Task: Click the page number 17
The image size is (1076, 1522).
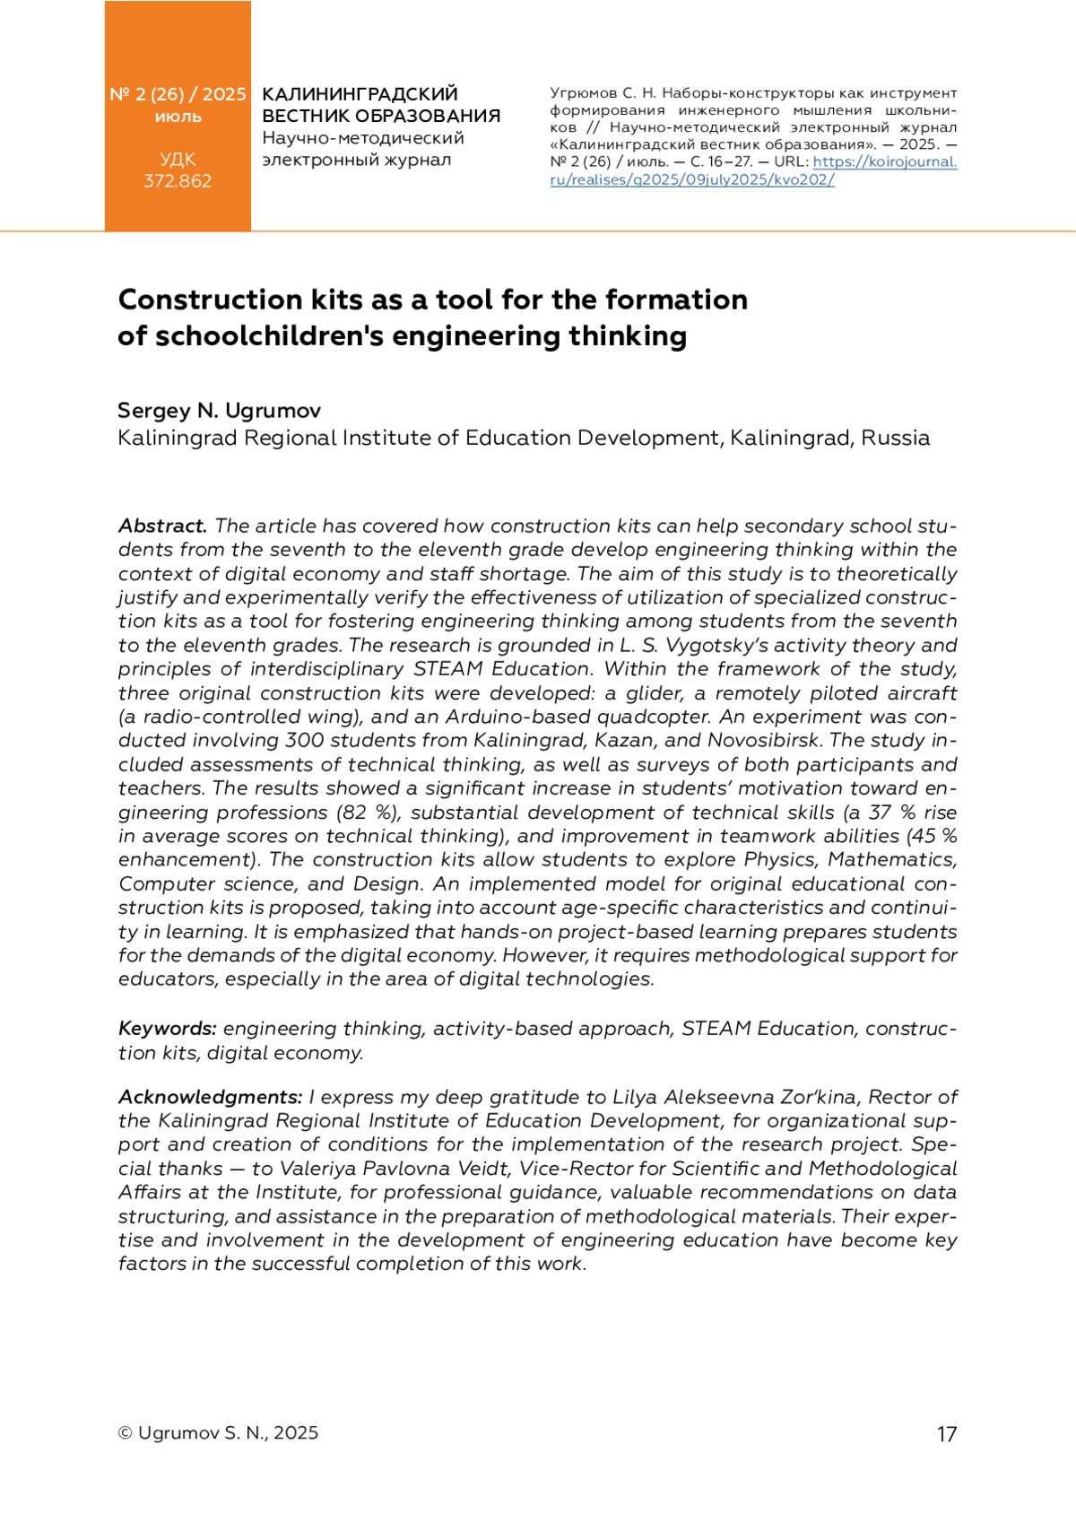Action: pos(947,1434)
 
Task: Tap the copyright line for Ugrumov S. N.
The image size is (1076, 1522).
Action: pos(218,1433)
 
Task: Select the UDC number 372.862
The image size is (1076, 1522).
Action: pos(178,181)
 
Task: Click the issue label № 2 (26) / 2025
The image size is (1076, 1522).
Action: pos(178,94)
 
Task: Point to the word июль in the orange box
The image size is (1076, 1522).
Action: pos(178,117)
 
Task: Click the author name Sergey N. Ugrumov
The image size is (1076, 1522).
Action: pos(219,411)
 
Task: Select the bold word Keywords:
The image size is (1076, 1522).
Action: pos(168,1029)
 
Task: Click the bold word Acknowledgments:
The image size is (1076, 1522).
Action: pos(211,1097)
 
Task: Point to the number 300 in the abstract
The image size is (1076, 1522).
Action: pos(305,741)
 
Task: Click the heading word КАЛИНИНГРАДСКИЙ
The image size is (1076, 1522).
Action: pos(360,94)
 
